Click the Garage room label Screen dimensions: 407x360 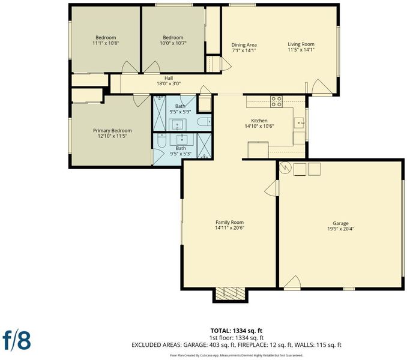[340, 223]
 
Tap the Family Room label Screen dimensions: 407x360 [229, 222]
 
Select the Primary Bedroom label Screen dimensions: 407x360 [112, 130]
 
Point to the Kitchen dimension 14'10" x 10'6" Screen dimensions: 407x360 [259, 127]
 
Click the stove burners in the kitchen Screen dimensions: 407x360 [276, 101]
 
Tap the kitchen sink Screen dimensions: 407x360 [299, 122]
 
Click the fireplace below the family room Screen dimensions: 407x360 [231, 294]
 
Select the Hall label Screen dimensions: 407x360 [169, 78]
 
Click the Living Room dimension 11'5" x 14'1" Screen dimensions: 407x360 [301, 50]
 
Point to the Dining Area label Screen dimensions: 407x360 [244, 45]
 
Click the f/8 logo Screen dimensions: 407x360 [17, 340]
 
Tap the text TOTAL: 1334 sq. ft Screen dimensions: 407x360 [236, 331]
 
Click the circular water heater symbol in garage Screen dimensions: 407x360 [285, 169]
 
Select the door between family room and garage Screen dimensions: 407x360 [271, 188]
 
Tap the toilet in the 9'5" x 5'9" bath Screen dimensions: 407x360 [204, 122]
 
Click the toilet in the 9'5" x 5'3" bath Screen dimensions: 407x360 [161, 140]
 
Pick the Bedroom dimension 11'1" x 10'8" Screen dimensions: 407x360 [106, 43]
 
